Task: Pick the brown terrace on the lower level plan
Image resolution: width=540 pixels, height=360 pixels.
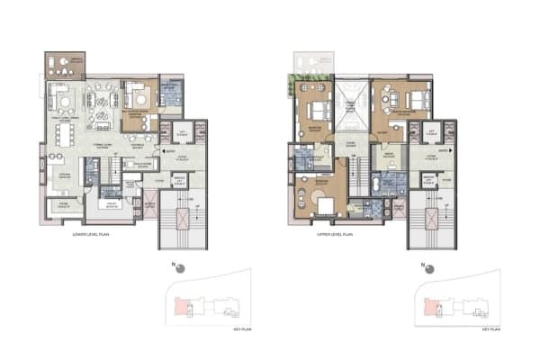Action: (x=64, y=65)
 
